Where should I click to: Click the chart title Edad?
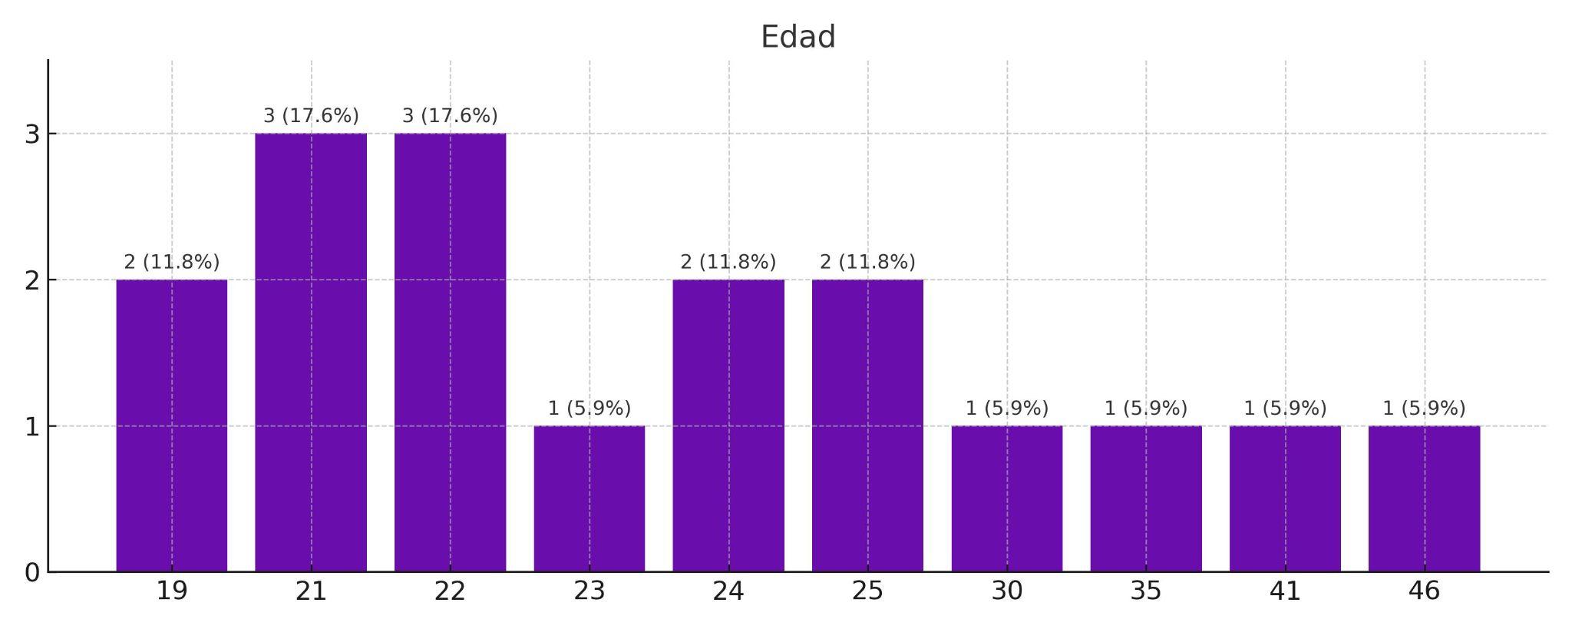(798, 37)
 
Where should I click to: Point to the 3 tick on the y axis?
(32, 134)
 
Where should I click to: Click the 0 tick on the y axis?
(32, 572)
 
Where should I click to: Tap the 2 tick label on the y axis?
(32, 280)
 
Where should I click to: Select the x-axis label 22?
(450, 591)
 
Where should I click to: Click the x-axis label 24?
(728, 591)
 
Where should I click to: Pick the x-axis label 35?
(1146, 591)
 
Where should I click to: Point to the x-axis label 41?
(1285, 591)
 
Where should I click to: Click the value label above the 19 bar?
(171, 262)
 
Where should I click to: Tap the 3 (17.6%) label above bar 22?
(450, 116)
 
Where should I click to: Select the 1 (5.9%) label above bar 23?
(589, 408)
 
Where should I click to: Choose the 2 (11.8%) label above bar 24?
(728, 262)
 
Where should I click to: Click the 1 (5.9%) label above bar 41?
(1285, 408)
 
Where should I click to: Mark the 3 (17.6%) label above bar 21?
(311, 116)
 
